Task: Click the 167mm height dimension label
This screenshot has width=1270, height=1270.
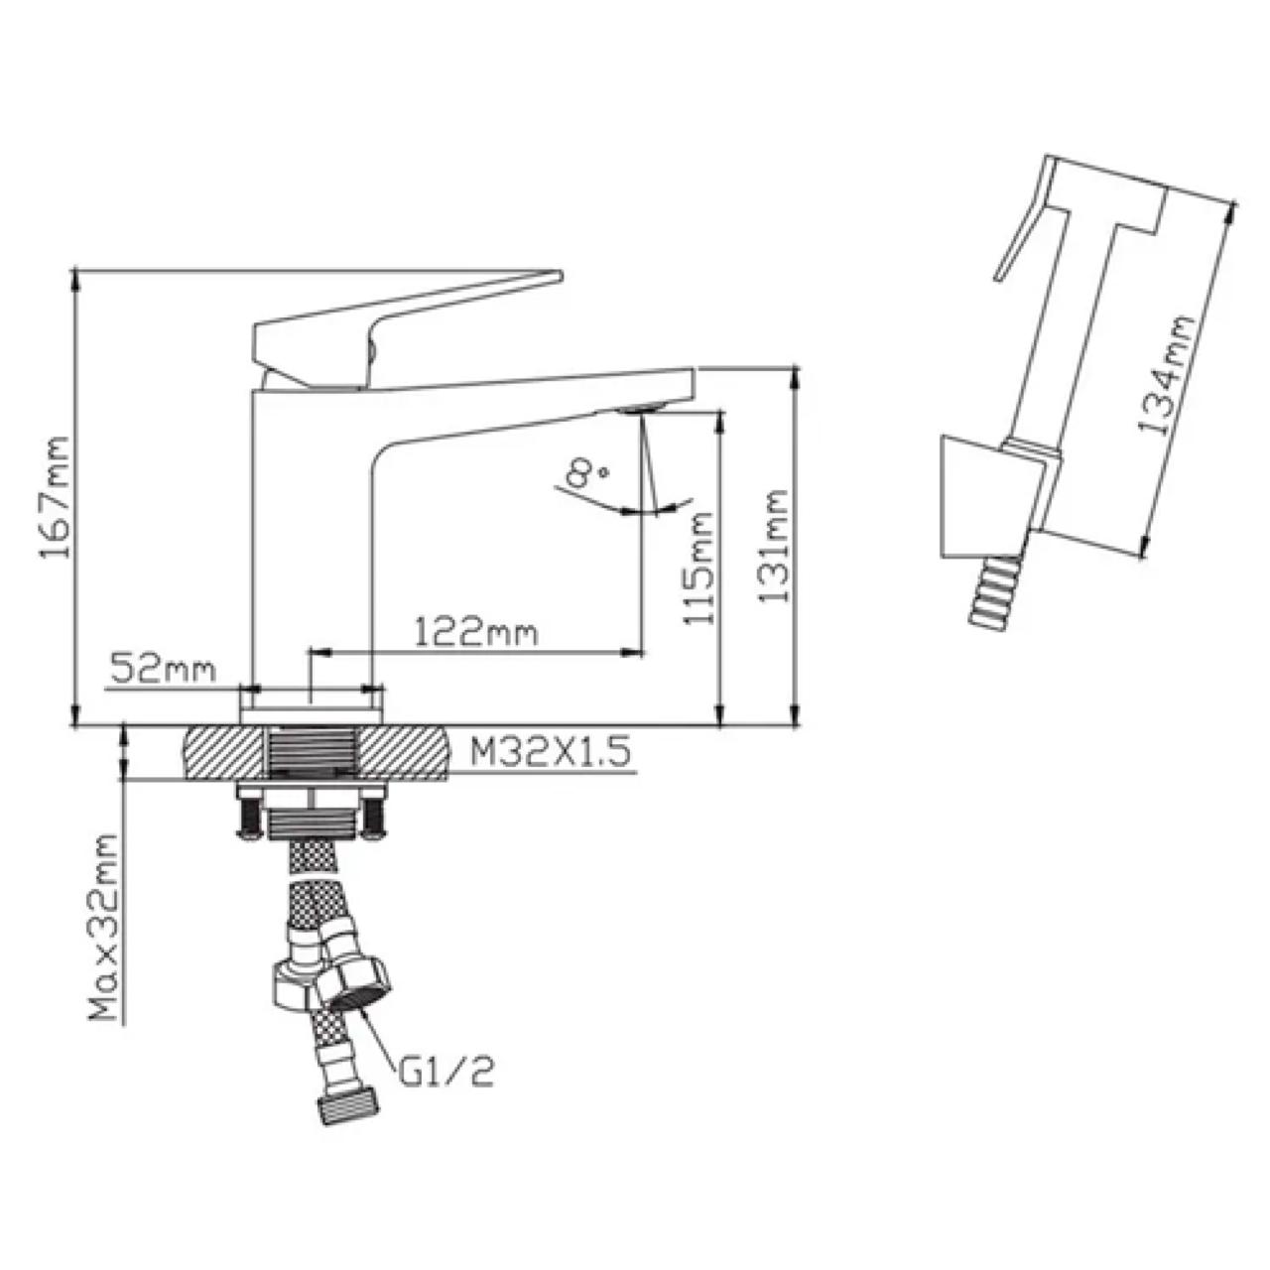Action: coord(54,496)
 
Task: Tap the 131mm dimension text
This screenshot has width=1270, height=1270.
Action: coord(772,545)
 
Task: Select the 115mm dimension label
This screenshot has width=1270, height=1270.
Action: coord(698,569)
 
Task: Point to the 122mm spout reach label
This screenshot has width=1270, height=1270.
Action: coord(476,634)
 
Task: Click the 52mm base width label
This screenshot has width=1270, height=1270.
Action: coord(163,669)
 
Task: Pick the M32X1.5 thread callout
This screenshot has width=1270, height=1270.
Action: coord(551,752)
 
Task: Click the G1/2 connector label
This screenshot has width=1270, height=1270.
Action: coord(446,1076)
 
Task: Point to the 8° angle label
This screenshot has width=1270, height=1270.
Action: coord(588,472)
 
